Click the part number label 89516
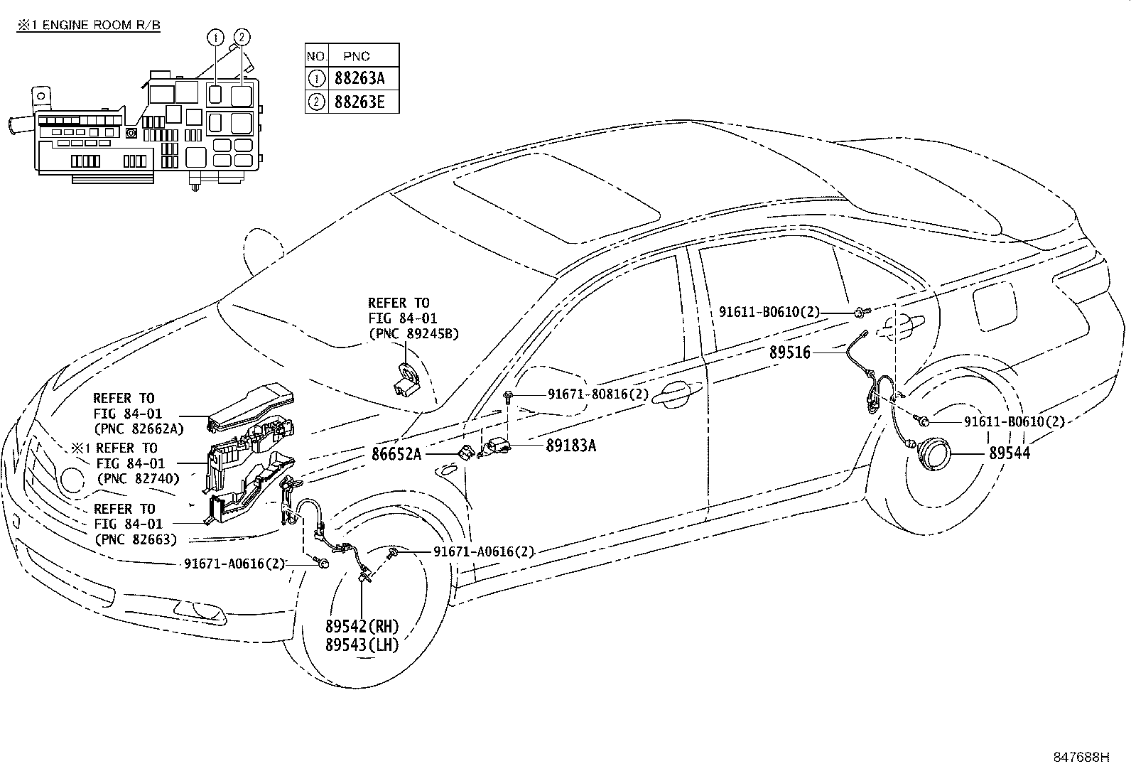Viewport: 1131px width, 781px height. (x=789, y=352)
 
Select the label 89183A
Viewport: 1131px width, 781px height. (x=570, y=446)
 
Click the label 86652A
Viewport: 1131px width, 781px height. (x=396, y=453)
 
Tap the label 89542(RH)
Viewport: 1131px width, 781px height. (x=362, y=627)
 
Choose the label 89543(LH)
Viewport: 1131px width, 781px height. (x=362, y=645)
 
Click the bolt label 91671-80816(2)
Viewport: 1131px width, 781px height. (x=597, y=393)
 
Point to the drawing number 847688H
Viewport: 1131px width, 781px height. (x=1081, y=758)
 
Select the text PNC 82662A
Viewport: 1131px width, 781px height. (x=139, y=429)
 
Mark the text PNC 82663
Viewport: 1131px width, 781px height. (x=136, y=539)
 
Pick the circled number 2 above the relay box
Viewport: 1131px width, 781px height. (x=242, y=36)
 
